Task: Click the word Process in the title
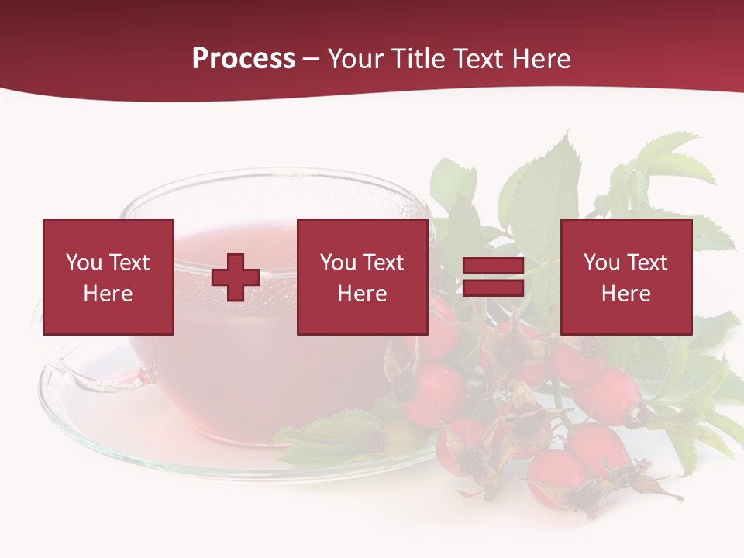243,59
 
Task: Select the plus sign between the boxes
236,277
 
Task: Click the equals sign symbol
494,277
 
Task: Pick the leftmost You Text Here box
108,277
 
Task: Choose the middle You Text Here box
362,277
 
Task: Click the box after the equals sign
626,277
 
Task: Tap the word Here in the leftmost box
108,294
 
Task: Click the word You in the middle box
338,263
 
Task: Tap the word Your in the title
357,59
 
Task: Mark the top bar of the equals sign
494,266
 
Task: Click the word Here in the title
542,59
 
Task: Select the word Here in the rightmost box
626,294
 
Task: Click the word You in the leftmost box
84,263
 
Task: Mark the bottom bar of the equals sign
494,288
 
